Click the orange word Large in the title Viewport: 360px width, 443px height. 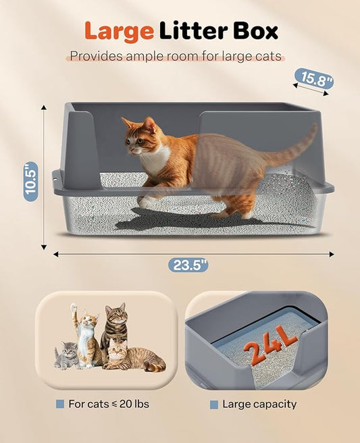pos(118,31)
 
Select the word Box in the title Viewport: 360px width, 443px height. pos(253,31)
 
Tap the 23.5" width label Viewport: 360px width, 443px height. pos(188,265)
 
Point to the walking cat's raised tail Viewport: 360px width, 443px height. pos(297,141)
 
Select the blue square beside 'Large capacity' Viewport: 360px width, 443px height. pos(214,405)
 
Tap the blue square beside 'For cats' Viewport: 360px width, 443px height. pos(60,405)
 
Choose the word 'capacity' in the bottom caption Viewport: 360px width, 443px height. pos(274,405)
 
